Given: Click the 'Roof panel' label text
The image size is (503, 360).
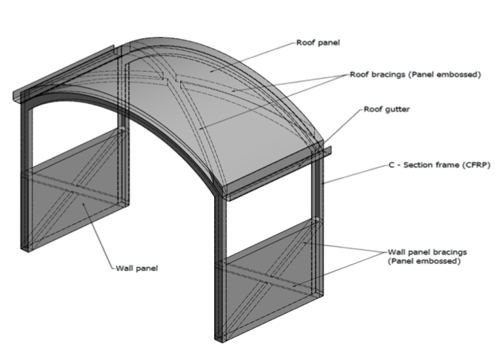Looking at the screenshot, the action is click(319, 43).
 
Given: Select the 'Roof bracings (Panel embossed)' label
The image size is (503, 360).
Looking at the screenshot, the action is click(415, 75).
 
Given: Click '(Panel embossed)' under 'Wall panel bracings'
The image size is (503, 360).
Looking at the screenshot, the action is click(423, 261).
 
